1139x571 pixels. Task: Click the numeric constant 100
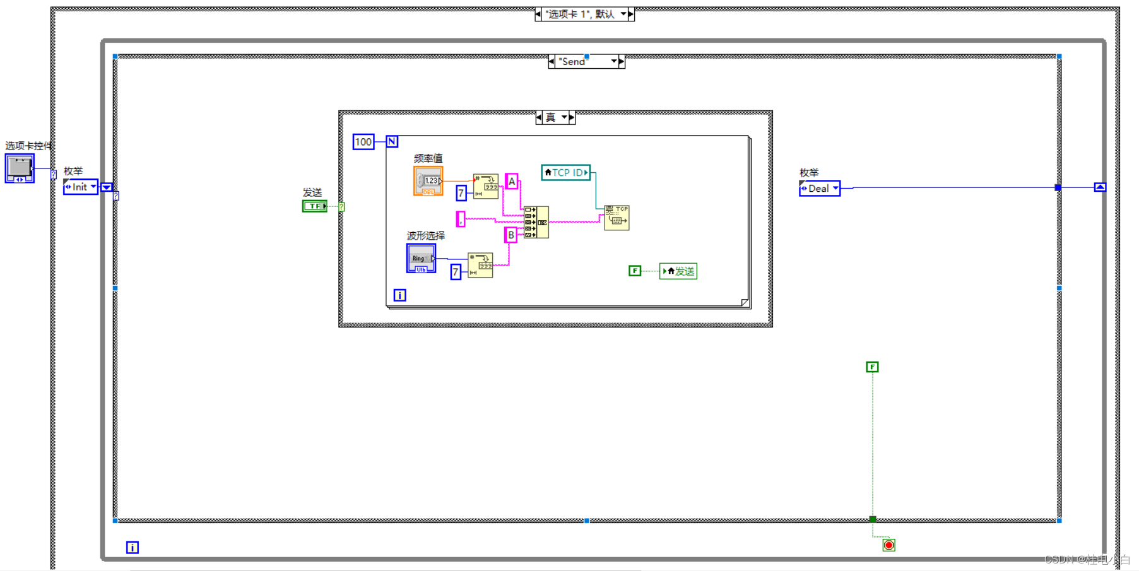coord(363,142)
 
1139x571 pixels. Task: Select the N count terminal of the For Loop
coord(392,141)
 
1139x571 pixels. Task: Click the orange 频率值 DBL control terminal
coord(428,181)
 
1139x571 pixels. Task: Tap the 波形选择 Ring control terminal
coord(421,259)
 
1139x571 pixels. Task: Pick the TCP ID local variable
coord(566,172)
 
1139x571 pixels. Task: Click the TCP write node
coord(617,217)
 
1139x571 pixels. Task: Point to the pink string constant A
coord(512,182)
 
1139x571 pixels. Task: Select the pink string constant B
coord(510,235)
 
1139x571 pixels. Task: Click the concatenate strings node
coord(536,222)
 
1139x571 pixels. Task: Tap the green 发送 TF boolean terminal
coord(314,206)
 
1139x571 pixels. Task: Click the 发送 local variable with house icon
coord(678,271)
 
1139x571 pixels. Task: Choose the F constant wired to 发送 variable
coord(635,271)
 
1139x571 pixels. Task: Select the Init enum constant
coord(81,187)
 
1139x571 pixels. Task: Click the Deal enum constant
coord(819,189)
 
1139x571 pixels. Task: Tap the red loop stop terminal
coord(888,545)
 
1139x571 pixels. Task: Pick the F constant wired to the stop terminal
coord(872,367)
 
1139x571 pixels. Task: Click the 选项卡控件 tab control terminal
coord(19,168)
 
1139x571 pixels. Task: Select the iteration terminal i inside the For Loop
coord(399,295)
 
